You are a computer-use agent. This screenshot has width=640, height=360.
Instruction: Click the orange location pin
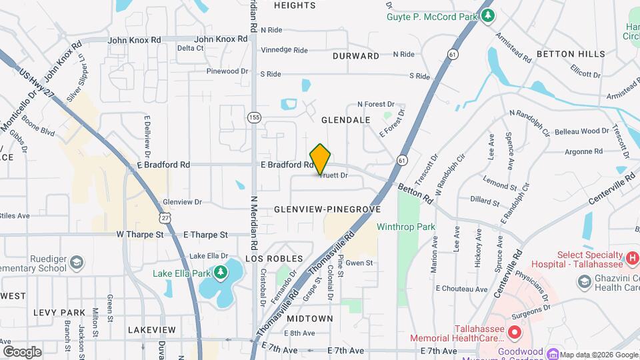pos(321,159)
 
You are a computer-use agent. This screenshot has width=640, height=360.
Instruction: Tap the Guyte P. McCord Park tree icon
pos(489,15)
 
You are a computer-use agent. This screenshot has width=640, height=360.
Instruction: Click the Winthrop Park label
pos(405,227)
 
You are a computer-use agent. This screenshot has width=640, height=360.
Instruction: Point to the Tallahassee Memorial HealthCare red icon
pos(513,332)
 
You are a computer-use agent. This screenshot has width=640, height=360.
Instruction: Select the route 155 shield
pos(253,117)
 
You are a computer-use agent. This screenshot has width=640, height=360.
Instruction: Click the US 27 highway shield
pos(165,217)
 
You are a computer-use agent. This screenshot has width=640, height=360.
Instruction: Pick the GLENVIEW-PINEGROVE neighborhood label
pos(327,209)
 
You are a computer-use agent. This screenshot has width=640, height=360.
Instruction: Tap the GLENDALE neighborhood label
pos(345,120)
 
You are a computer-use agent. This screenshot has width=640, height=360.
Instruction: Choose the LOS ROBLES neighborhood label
pos(274,259)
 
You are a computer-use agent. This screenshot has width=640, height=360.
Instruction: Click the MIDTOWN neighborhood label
pos(311,319)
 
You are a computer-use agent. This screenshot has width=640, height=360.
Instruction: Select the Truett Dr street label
pos(333,176)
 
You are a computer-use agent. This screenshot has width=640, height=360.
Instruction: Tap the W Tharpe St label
pos(140,235)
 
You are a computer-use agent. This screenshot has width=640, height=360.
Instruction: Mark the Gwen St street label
pos(359,263)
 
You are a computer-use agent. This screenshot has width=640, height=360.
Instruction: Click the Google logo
pos(22,351)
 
